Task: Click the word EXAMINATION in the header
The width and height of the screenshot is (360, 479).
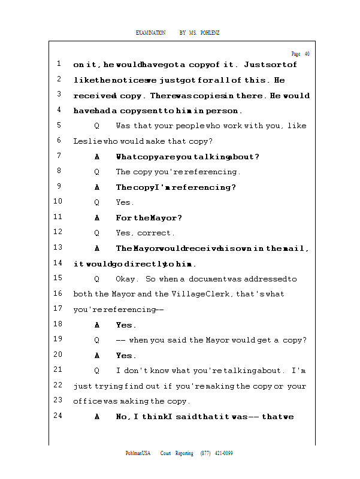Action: [x=150, y=32]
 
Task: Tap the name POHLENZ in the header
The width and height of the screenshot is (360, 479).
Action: [x=210, y=32]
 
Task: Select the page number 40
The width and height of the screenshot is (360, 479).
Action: [x=307, y=54]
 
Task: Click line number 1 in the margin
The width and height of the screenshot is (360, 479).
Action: [x=59, y=64]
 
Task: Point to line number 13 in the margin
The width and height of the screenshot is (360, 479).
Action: [x=58, y=248]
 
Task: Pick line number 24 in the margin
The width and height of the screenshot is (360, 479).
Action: [x=58, y=416]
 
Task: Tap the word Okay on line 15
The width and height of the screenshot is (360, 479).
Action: [x=126, y=279]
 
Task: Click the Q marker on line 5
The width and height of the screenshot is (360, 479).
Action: [x=96, y=126]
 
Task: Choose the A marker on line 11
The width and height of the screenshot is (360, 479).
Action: [x=96, y=218]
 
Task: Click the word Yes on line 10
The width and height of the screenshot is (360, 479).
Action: [x=124, y=202]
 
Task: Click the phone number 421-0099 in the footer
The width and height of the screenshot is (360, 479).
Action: [x=223, y=453]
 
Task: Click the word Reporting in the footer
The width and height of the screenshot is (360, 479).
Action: [x=184, y=453]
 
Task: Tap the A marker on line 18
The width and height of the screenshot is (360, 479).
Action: [x=96, y=325]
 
